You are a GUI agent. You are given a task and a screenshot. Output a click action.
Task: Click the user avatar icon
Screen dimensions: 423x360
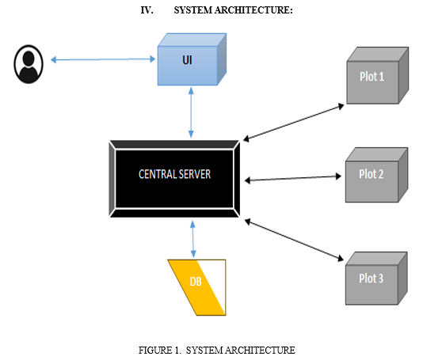tap(29, 64)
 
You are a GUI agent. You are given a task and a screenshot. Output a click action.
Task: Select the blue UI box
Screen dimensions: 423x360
tap(192, 59)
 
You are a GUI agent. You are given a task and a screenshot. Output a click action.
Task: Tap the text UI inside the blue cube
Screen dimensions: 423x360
tap(187, 60)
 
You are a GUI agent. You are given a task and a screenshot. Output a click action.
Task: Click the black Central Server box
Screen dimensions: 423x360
tap(174, 179)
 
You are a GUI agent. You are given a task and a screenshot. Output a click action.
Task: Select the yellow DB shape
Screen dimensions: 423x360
tap(196, 287)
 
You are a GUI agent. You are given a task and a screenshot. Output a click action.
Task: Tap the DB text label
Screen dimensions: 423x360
tap(196, 282)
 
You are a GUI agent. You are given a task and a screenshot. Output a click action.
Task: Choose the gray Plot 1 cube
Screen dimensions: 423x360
tap(377, 75)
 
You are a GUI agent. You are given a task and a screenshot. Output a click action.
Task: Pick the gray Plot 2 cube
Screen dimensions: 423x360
tap(376, 175)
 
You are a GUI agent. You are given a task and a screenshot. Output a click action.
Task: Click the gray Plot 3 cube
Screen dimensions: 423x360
tap(376, 279)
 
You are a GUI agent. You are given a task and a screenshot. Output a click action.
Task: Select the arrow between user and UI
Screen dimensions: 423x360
tap(103, 59)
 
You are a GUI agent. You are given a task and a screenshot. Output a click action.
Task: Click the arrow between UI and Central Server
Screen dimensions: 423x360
tap(191, 112)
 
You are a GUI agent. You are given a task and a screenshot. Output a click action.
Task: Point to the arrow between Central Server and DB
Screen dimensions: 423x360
tap(193, 239)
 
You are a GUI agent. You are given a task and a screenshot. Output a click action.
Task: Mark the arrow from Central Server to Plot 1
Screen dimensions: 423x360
tap(294, 123)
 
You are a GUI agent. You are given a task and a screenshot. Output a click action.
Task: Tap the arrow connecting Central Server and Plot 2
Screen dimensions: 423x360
tap(293, 178)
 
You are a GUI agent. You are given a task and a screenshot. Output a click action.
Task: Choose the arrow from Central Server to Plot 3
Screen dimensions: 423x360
tap(294, 240)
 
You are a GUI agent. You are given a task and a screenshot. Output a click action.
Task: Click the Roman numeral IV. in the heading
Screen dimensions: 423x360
tap(147, 10)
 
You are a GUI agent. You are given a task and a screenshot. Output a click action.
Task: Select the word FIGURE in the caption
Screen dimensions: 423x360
tap(155, 351)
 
